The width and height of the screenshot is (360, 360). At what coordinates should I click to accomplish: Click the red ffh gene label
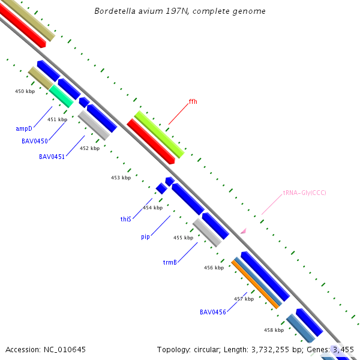click(193, 101)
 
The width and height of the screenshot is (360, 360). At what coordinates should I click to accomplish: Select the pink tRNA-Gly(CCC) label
click(304, 193)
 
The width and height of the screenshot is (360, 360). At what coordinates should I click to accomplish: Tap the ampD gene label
click(23, 128)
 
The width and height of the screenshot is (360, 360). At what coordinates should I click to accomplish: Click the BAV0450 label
click(35, 142)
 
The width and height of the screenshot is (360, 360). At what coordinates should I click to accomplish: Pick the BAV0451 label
click(52, 157)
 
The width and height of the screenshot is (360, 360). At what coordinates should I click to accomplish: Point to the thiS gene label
click(125, 220)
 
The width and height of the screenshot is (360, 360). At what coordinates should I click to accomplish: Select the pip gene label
click(145, 237)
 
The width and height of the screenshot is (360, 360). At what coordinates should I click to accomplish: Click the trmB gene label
click(170, 263)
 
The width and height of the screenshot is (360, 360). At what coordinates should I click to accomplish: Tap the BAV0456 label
click(212, 312)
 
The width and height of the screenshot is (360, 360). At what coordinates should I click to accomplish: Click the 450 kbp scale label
click(25, 91)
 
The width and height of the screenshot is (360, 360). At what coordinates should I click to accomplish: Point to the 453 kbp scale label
click(121, 178)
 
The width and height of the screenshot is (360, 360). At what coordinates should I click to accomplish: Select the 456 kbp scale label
click(214, 268)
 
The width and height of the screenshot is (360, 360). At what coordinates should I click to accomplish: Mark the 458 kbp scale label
click(274, 330)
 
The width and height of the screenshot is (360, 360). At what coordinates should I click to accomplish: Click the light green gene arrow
click(159, 134)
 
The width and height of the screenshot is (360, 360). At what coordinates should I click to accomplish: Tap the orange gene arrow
click(256, 284)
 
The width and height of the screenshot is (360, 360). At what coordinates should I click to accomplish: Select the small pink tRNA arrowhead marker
click(244, 230)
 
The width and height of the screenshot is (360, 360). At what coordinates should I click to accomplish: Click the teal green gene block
click(61, 96)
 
